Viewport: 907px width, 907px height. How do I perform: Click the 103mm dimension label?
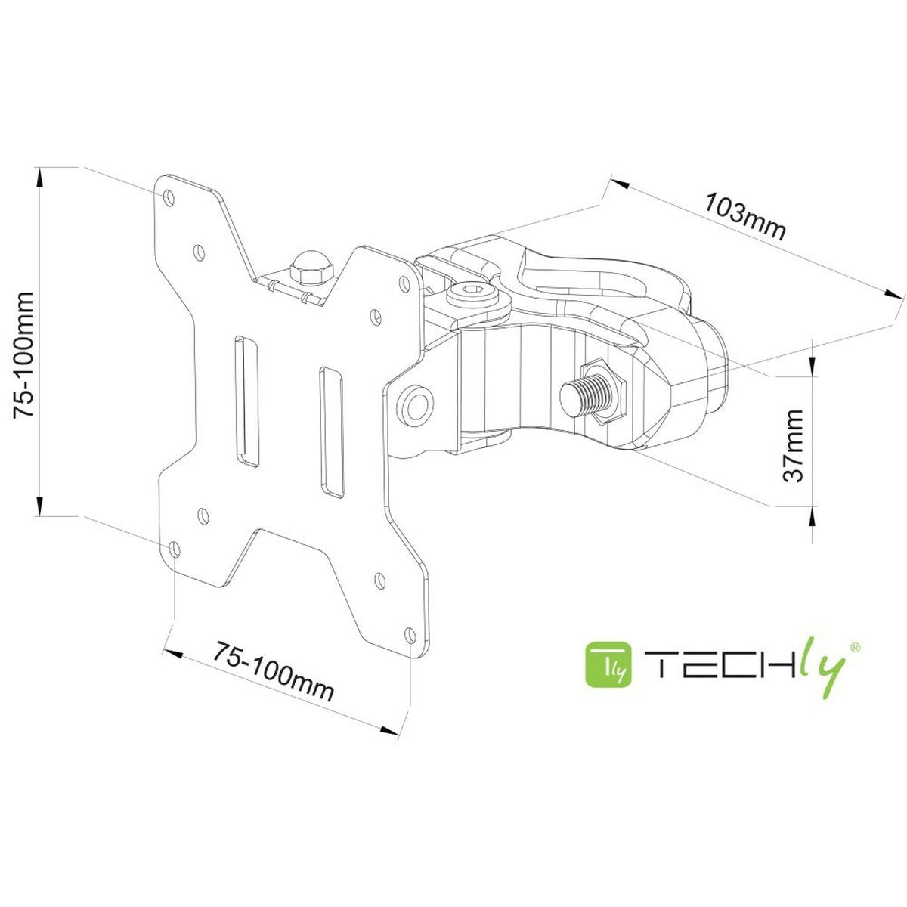(744, 216)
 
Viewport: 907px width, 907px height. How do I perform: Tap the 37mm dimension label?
(792, 446)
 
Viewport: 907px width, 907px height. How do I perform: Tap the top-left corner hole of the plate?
(169, 196)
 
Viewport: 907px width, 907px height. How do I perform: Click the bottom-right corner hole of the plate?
(410, 634)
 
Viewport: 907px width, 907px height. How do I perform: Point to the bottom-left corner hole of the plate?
(175, 548)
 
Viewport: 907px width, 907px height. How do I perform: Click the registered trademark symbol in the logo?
(855, 647)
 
